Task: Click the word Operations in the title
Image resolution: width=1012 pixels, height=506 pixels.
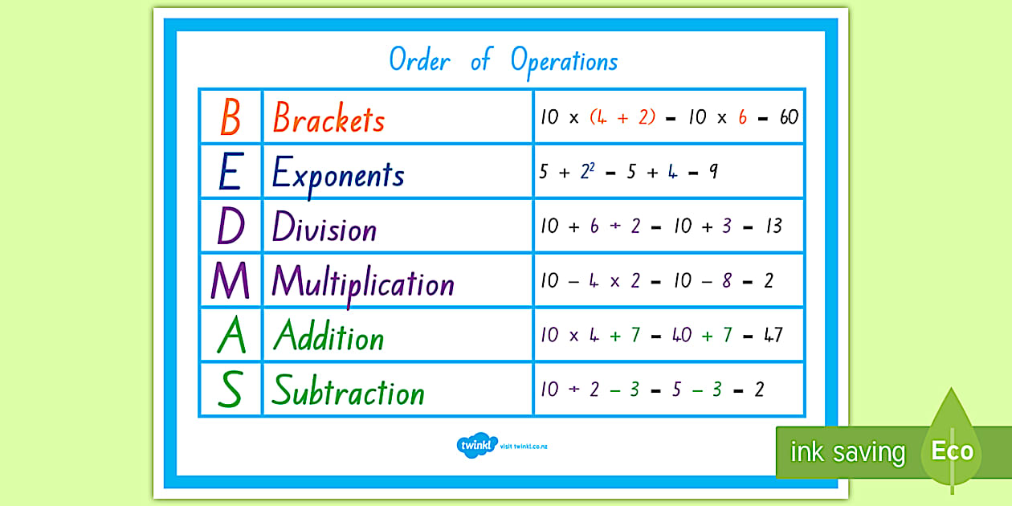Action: (564, 63)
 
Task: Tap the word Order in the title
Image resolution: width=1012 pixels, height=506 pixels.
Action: (420, 59)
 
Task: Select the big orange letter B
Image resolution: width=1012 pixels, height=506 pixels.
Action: (231, 117)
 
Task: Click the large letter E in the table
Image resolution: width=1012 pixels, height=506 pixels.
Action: (231, 171)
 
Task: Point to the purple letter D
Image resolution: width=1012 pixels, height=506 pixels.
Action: (231, 226)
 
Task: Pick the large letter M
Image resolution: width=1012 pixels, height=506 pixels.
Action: (231, 280)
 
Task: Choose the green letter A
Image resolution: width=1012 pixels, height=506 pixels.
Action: (231, 334)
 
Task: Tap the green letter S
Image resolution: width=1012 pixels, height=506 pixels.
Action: (231, 389)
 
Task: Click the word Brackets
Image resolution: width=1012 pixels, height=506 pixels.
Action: (329, 117)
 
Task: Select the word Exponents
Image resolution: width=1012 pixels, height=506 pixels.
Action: (338, 175)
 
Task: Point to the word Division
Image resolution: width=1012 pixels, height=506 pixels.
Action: (324, 226)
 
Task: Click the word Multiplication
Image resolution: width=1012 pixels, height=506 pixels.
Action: (363, 284)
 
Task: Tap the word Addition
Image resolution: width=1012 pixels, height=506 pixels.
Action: (329, 335)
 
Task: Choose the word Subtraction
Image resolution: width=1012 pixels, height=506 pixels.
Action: (349, 390)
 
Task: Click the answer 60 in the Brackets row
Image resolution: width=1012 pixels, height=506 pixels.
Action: (790, 117)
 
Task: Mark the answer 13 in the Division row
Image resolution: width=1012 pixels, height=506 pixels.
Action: (774, 226)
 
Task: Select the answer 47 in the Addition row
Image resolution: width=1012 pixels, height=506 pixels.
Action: (773, 335)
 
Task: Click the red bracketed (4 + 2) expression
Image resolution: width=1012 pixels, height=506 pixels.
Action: (622, 117)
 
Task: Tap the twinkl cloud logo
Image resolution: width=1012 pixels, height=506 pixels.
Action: (477, 446)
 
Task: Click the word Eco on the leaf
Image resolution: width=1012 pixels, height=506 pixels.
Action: (953, 451)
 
